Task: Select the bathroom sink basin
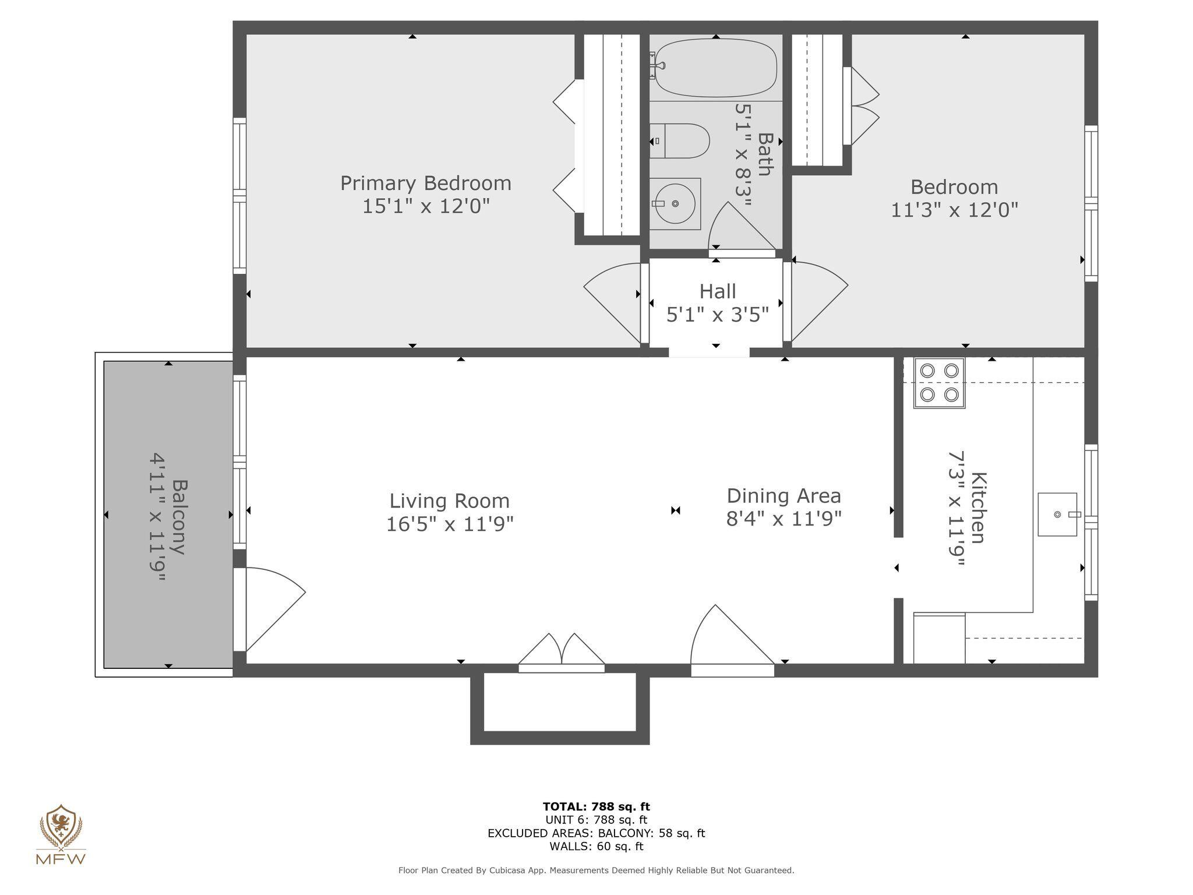pyautogui.click(x=675, y=203)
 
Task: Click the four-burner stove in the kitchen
pyautogui.click(x=939, y=383)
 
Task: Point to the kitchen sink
pyautogui.click(x=1057, y=515)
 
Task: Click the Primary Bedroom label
pyautogui.click(x=426, y=184)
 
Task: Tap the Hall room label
pyautogui.click(x=718, y=291)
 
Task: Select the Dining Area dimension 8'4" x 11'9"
pyautogui.click(x=783, y=518)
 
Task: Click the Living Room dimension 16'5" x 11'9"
pyautogui.click(x=450, y=524)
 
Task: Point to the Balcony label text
pyautogui.click(x=180, y=516)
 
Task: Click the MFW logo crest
pyautogui.click(x=61, y=826)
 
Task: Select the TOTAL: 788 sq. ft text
pyautogui.click(x=596, y=806)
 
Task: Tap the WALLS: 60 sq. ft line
pyautogui.click(x=596, y=846)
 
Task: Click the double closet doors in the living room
pyautogui.click(x=562, y=651)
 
